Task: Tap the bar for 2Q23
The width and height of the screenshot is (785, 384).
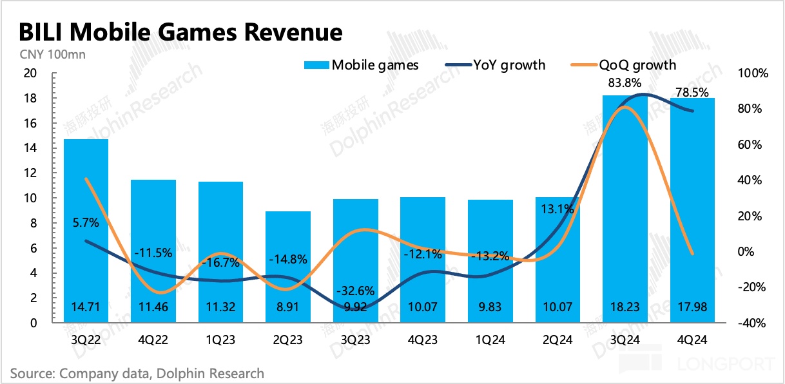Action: coord(287,267)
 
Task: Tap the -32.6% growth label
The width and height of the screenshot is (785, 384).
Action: coord(355,289)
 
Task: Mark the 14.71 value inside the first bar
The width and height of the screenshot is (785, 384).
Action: coord(86,308)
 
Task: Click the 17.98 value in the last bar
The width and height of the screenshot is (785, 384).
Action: coord(692,308)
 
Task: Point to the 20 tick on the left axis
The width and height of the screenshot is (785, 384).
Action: coord(30,73)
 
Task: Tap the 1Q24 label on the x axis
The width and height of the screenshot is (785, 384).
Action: coord(490,340)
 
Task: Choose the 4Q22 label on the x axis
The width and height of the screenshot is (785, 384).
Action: coord(153,340)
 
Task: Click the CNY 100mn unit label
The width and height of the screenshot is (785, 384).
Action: coord(48,54)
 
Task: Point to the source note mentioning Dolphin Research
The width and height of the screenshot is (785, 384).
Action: coord(137,373)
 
